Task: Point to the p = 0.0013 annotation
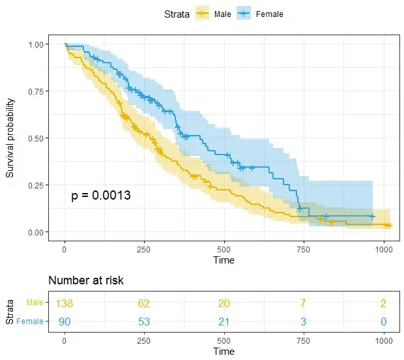click(x=101, y=196)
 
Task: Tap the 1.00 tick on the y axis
click(x=38, y=44)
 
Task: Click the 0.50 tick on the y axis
click(x=38, y=138)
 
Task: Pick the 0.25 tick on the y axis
click(x=38, y=185)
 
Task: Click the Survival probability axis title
click(x=10, y=138)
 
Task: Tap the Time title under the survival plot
click(x=224, y=260)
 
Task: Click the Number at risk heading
click(x=86, y=280)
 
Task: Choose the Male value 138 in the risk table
click(x=65, y=303)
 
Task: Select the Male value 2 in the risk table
click(x=384, y=303)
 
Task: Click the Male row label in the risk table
click(x=35, y=303)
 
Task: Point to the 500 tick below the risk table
click(x=224, y=341)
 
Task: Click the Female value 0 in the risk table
click(x=384, y=321)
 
